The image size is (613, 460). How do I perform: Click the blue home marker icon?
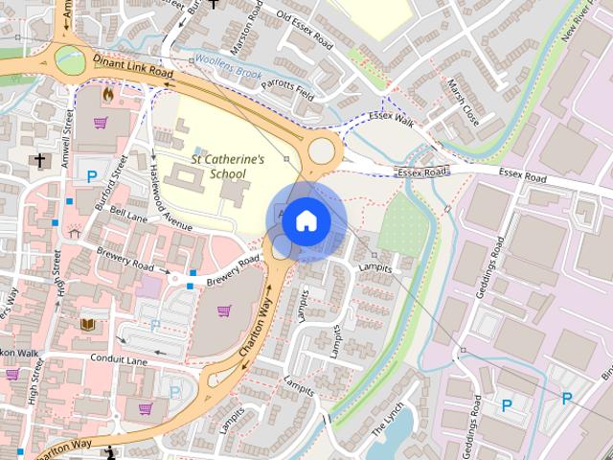tap(306, 220)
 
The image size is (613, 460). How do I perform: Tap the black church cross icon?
tap(38, 161)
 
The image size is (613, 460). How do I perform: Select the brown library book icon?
tap(88, 325)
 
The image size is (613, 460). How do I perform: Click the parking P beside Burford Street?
tap(92, 176)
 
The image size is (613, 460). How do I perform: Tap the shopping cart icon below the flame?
tap(101, 123)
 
